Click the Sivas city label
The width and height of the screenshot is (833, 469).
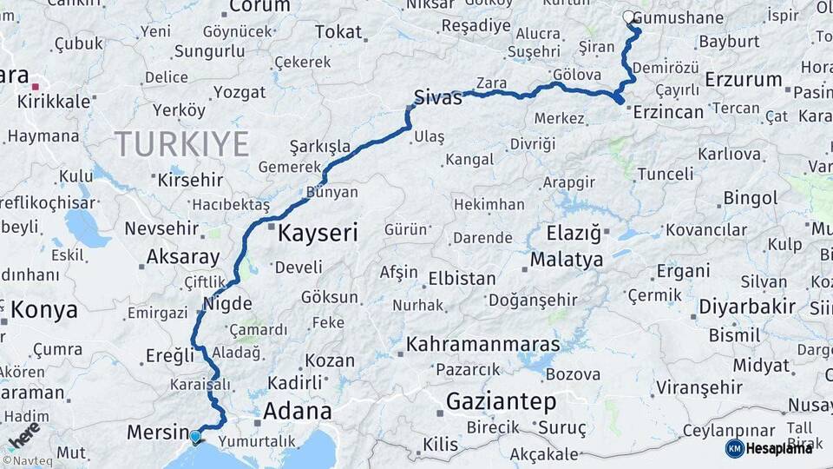tap(438, 97)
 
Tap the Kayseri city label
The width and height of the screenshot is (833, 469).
tap(318, 233)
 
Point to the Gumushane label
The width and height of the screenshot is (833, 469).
tap(683, 18)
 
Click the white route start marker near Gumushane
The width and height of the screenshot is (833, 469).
tap(629, 17)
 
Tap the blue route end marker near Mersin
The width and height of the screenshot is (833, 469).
tap(195, 437)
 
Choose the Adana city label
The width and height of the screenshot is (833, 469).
tap(297, 411)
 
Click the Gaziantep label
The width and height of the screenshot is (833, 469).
tap(501, 401)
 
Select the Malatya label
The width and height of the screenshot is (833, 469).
tap(567, 259)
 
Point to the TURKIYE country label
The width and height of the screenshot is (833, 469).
tap(182, 143)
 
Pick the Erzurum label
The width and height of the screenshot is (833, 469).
tap(744, 79)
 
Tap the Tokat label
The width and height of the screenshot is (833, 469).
tap(338, 32)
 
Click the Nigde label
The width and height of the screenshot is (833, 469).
tap(227, 303)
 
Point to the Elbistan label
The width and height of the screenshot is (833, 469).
tap(462, 279)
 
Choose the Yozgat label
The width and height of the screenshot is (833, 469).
tap(239, 91)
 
